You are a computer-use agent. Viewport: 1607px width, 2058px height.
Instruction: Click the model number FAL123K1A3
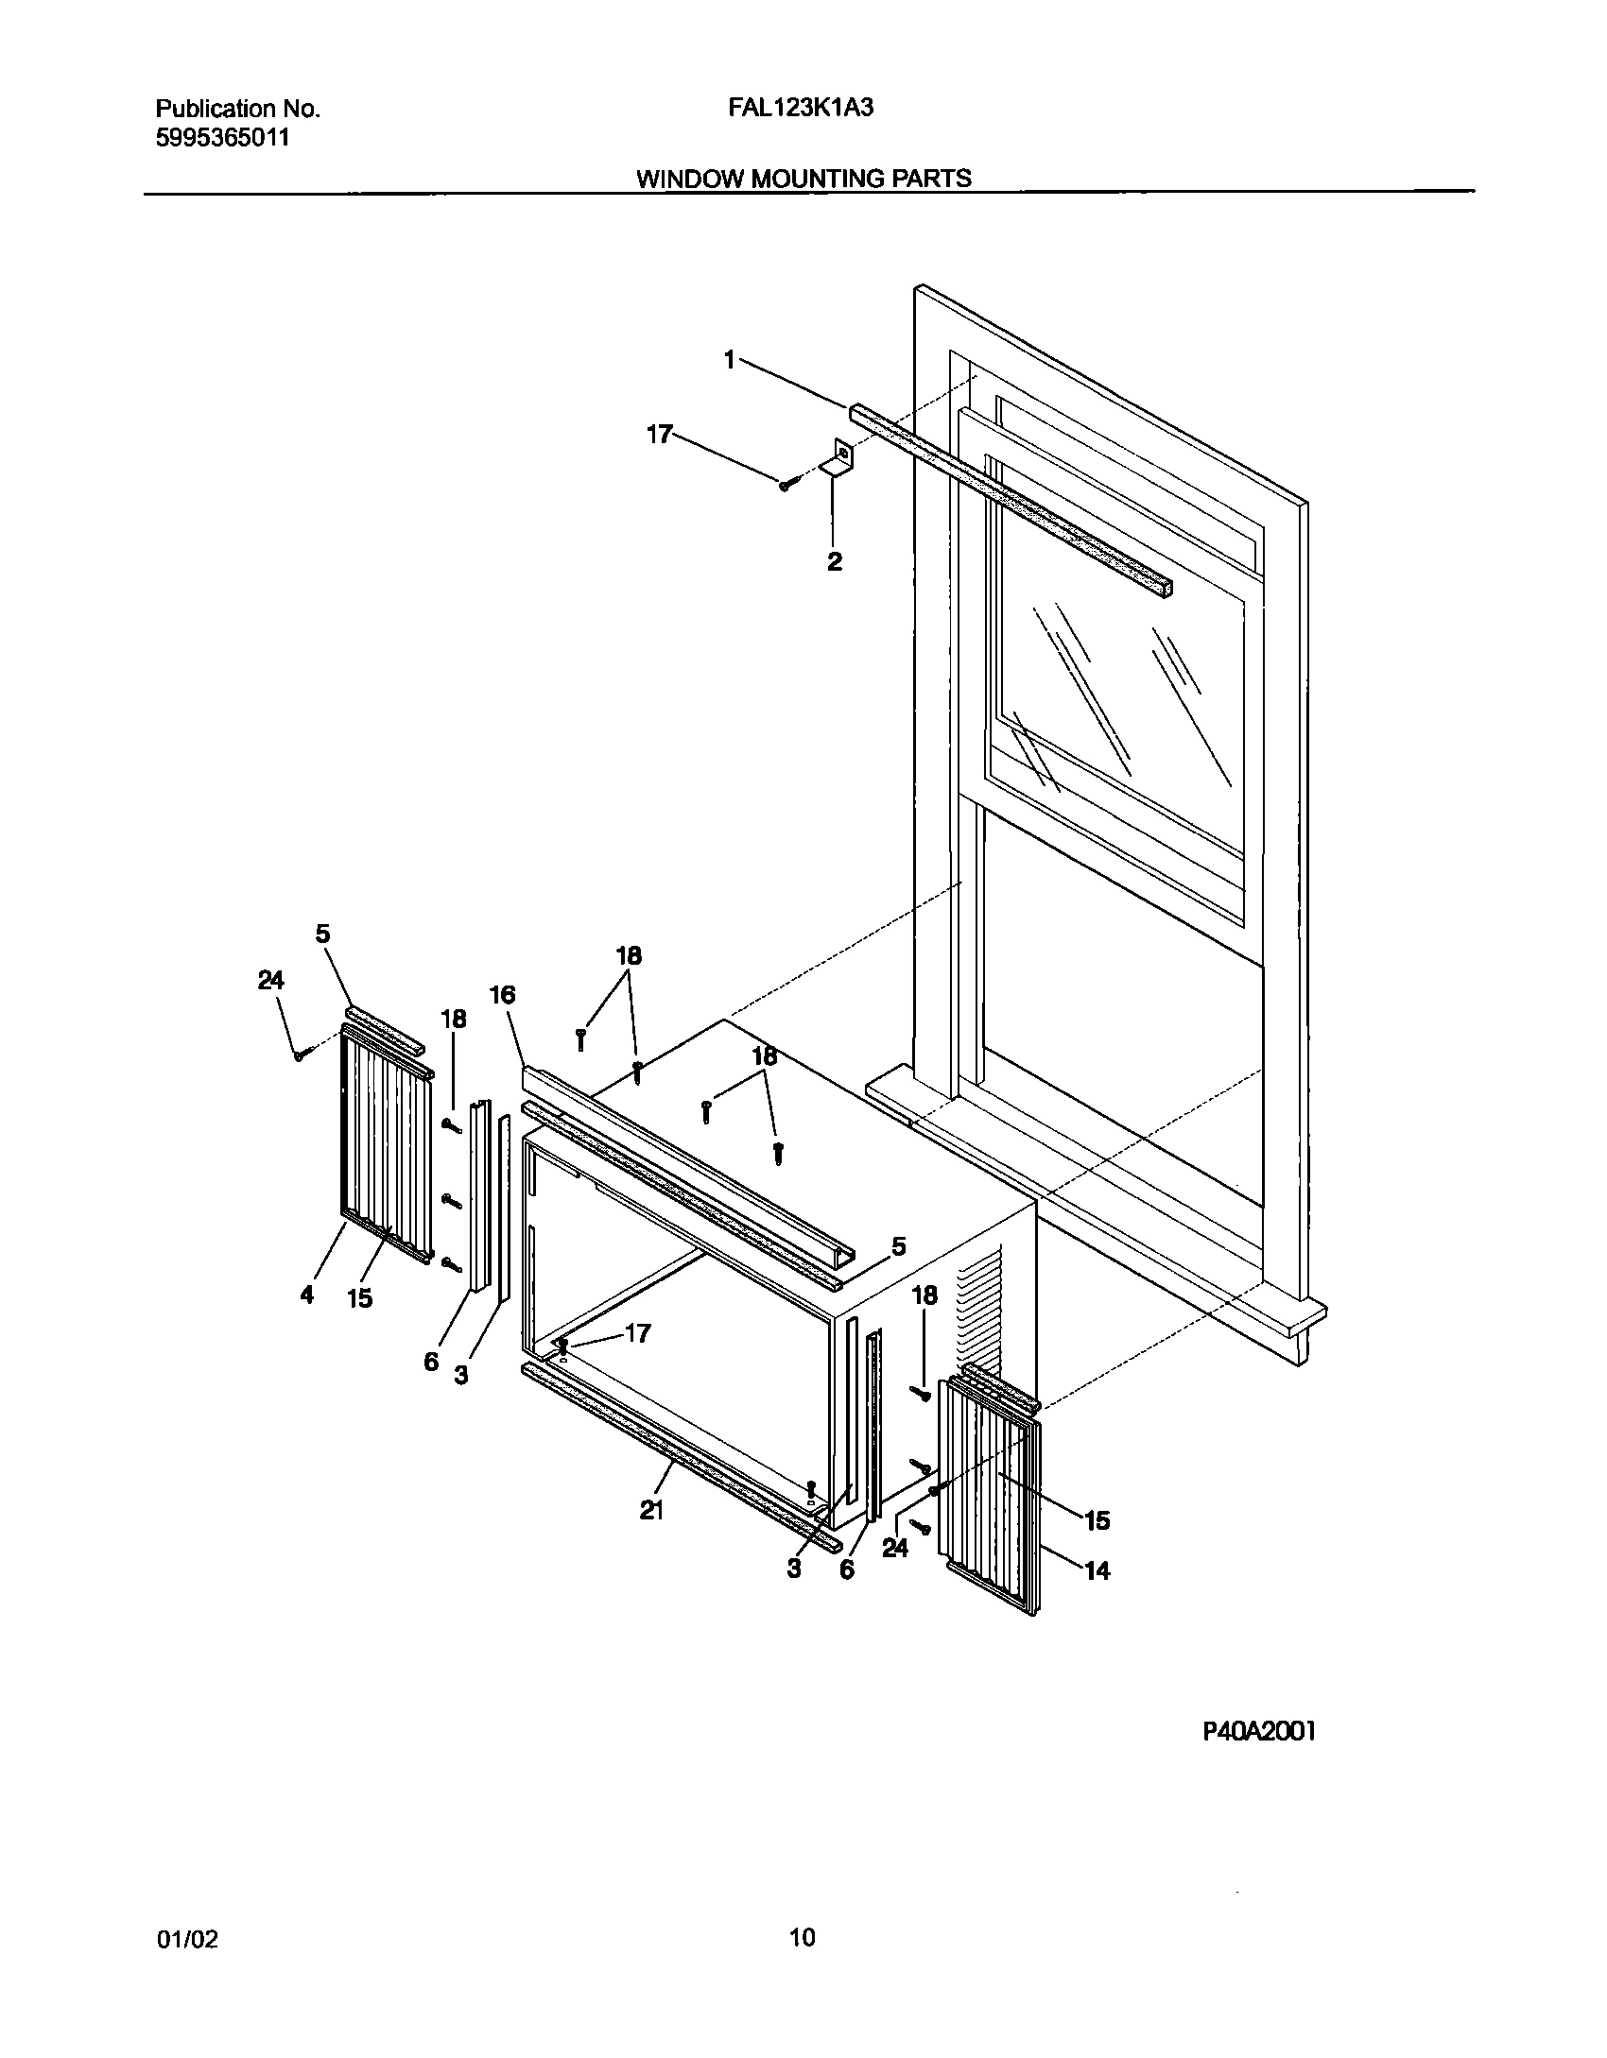click(800, 108)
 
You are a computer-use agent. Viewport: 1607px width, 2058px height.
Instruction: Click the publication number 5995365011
click(221, 138)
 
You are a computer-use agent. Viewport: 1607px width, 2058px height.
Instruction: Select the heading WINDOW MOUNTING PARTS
click(803, 179)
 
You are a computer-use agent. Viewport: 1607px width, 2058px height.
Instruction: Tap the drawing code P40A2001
click(1259, 1731)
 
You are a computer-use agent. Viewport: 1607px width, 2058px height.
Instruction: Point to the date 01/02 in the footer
click(186, 1940)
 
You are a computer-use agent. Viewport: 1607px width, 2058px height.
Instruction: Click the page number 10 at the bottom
click(802, 1938)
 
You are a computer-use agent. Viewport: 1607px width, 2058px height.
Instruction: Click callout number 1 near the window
click(730, 359)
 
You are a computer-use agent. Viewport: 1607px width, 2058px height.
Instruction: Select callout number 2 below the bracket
click(834, 562)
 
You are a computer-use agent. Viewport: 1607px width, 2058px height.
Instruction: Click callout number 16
click(503, 994)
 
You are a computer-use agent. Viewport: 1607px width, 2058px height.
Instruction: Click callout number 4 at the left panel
click(306, 1295)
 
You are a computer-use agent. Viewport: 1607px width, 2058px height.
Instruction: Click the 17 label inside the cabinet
click(638, 1333)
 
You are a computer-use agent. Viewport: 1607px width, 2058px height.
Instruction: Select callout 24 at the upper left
click(271, 981)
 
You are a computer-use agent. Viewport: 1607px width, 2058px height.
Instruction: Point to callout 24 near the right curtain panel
click(894, 1548)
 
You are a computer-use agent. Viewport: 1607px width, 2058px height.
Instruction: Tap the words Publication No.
click(237, 109)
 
